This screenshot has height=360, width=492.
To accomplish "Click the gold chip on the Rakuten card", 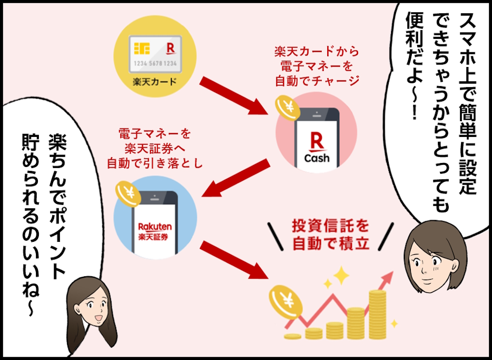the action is [x=142, y=48].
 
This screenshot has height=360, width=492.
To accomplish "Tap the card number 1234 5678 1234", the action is [x=155, y=64].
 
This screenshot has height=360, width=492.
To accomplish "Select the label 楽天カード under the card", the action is [x=155, y=82].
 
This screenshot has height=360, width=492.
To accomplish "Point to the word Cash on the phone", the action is [x=317, y=158].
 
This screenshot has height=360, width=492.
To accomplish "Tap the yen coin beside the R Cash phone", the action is [x=287, y=107].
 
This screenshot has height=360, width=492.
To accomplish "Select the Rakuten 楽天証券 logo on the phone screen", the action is [x=155, y=231].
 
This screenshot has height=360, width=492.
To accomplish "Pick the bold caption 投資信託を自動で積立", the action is [x=331, y=235].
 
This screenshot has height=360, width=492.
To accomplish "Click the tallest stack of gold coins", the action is [x=377, y=315].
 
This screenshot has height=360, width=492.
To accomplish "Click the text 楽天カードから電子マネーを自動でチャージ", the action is [x=316, y=66].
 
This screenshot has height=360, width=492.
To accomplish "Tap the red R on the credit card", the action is [x=170, y=49].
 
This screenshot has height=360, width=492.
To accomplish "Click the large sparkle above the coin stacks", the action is [x=341, y=275].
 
